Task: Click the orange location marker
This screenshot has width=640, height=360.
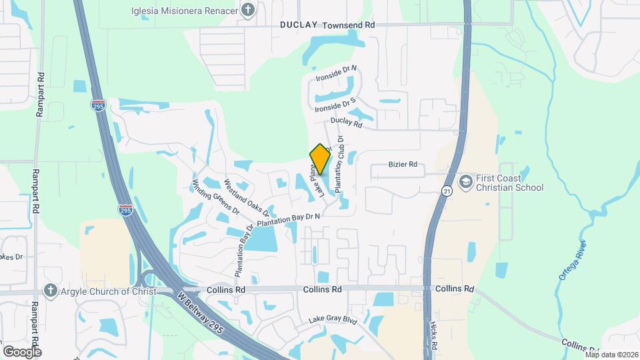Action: pos(320,159)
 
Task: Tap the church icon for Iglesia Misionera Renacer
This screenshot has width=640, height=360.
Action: pos(248,9)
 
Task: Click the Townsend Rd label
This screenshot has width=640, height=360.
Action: pos(349,25)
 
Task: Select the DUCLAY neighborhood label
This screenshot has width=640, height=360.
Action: pos(299,25)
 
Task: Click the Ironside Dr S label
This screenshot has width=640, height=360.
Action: pos(335,105)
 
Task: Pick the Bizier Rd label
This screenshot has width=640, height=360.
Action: pos(403,165)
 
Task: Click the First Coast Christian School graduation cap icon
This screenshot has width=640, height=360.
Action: pos(466,181)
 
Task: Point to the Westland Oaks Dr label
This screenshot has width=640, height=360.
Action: pos(246,198)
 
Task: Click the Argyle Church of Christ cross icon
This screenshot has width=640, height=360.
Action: pos(49,291)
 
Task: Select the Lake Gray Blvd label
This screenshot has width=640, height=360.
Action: pos(333,321)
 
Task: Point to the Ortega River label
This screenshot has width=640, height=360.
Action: pos(572,259)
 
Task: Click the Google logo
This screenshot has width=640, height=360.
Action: pos(22,351)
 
